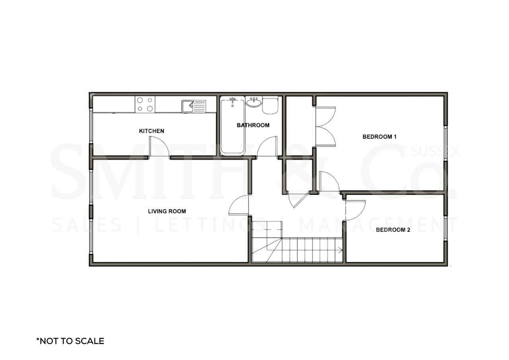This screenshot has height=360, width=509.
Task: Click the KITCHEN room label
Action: tap(152, 131)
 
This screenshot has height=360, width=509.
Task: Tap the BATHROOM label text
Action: tap(253, 125)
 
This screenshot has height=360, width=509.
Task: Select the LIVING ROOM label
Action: tap(167, 211)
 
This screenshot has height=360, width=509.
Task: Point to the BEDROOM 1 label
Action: tap(379, 137)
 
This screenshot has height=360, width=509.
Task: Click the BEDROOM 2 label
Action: tap(393, 230)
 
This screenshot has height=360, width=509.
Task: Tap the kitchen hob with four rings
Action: tap(145, 104)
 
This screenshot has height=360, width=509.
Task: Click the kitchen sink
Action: tap(194, 106)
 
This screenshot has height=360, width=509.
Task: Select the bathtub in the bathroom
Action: tap(233, 126)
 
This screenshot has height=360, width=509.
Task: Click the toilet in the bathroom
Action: tap(270, 105)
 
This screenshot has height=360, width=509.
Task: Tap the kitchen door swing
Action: tap(159, 147)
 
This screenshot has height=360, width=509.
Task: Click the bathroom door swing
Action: tap(267, 146)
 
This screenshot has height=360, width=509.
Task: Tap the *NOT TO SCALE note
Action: tap(70, 341)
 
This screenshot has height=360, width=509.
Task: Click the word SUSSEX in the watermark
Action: tap(435, 151)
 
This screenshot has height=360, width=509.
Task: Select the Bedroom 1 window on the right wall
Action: tap(446, 143)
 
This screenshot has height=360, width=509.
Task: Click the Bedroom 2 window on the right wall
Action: tap(446, 228)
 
